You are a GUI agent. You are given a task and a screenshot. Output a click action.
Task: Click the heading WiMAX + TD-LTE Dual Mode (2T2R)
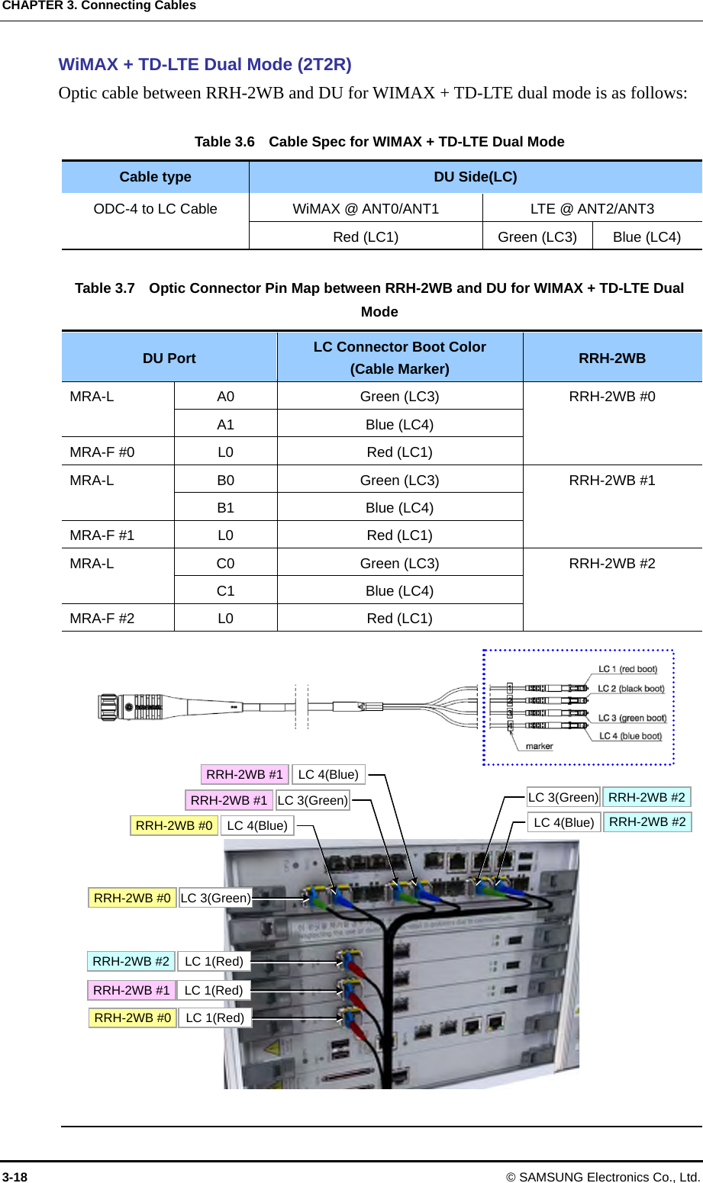205,65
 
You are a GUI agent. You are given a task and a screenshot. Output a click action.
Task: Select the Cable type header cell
155,177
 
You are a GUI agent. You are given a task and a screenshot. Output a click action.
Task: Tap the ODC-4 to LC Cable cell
155,209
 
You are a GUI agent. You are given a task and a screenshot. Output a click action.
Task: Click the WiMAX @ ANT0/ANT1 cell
366,209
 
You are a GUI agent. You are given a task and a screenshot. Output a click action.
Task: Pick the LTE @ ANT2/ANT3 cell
592,209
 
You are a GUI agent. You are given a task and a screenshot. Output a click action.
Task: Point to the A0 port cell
225,397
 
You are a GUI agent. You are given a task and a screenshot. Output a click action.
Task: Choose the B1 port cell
225,508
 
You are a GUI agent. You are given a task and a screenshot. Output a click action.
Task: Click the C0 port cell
225,564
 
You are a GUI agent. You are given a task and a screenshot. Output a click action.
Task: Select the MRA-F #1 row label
102,535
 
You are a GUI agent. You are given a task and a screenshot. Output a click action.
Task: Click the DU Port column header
169,358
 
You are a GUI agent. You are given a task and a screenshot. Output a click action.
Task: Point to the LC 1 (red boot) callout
627,670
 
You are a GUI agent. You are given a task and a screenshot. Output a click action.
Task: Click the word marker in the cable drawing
539,747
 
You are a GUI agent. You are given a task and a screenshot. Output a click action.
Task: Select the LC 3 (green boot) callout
632,718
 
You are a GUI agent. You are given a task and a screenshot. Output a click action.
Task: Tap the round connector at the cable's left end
108,707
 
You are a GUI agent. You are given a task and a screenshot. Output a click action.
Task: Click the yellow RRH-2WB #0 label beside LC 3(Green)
132,898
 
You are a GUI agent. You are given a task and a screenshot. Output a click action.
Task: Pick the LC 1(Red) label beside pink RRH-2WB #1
214,990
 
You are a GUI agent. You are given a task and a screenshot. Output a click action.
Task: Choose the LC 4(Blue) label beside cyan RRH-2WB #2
563,822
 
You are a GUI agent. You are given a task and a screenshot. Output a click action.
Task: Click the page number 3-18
15,1177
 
